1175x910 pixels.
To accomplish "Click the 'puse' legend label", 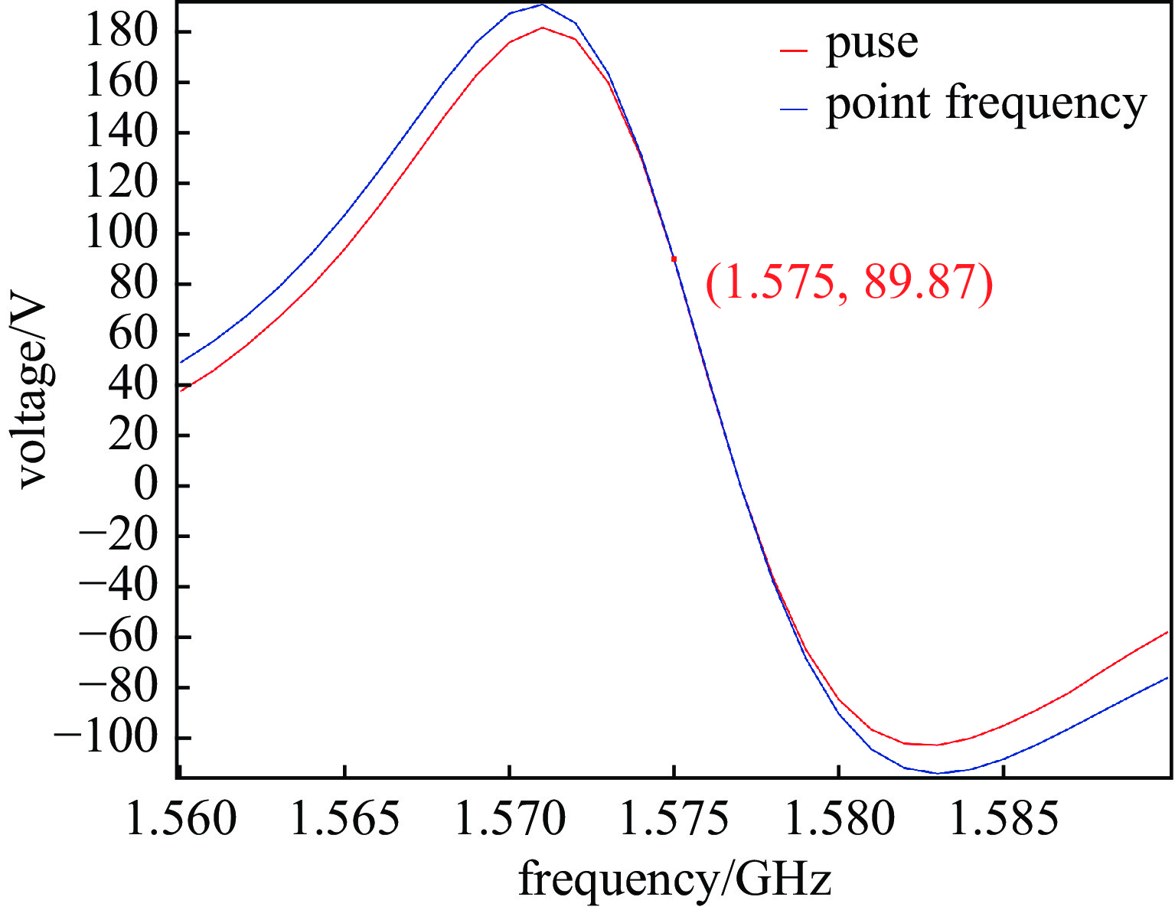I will (x=871, y=44).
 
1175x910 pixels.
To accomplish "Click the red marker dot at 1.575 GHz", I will (x=674, y=259).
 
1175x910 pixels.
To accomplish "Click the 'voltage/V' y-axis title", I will (x=32, y=395).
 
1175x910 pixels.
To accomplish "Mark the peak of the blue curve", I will (x=542, y=5).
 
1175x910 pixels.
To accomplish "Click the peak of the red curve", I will (x=542, y=28).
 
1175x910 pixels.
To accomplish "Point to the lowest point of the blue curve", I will (x=937, y=773).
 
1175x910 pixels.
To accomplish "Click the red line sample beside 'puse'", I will (x=794, y=51).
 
